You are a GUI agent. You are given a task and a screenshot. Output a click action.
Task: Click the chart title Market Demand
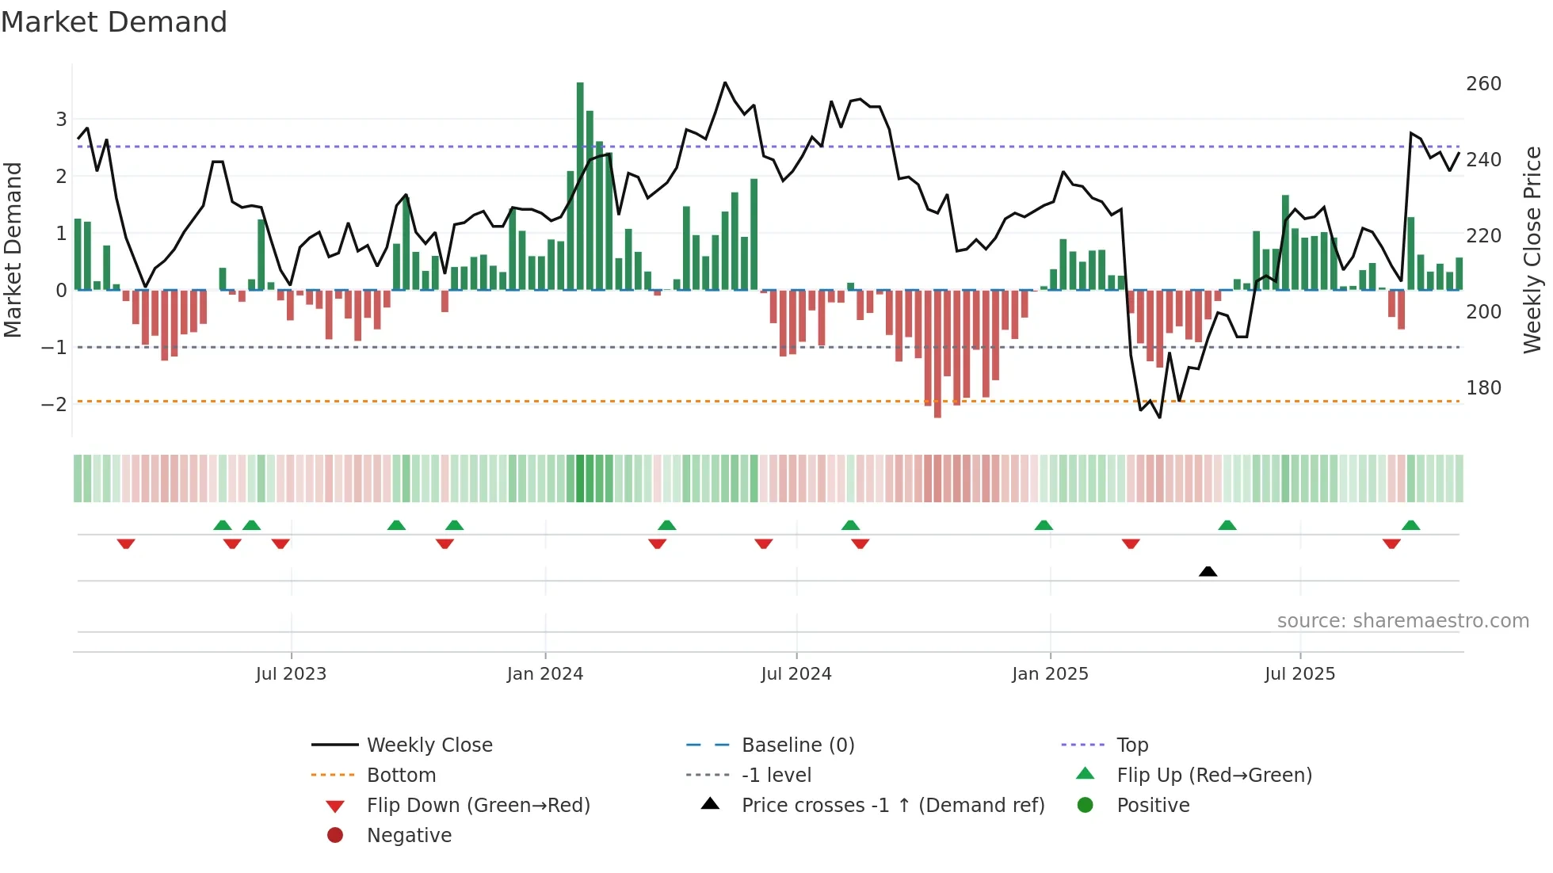pyautogui.click(x=114, y=21)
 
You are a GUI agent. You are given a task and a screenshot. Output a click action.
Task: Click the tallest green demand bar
pyautogui.click(x=580, y=186)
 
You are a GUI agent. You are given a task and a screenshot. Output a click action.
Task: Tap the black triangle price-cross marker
pyautogui.click(x=1208, y=571)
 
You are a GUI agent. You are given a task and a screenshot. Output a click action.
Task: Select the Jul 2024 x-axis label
pyautogui.click(x=796, y=674)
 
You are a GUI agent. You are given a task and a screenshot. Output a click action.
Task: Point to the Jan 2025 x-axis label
pyautogui.click(x=1050, y=674)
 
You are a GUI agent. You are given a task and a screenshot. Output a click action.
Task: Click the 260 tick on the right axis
pyautogui.click(x=1483, y=84)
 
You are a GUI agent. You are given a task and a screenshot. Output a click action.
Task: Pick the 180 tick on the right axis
pyautogui.click(x=1483, y=388)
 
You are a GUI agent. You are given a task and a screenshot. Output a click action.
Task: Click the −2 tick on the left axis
pyautogui.click(x=54, y=405)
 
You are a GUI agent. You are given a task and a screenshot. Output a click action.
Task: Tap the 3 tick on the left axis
pyautogui.click(x=61, y=120)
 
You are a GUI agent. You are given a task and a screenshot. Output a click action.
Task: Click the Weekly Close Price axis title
pyautogui.click(x=1532, y=250)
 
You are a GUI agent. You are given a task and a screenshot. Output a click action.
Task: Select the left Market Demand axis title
pyautogui.click(x=13, y=250)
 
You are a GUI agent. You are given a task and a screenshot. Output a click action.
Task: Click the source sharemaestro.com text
pyautogui.click(x=1402, y=621)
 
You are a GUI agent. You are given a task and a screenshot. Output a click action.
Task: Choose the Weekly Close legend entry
pyautogui.click(x=429, y=745)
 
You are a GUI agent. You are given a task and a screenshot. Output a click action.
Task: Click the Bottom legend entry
pyautogui.click(x=401, y=776)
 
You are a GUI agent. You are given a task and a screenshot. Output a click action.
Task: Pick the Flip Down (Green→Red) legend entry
pyautogui.click(x=478, y=806)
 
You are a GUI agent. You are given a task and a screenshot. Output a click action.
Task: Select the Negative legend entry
pyautogui.click(x=409, y=836)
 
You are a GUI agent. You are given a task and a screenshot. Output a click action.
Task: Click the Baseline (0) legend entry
pyautogui.click(x=798, y=745)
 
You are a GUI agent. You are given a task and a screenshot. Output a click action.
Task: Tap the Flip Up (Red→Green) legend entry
pyautogui.click(x=1214, y=776)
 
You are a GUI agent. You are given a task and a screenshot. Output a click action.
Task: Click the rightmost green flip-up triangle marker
pyautogui.click(x=1410, y=525)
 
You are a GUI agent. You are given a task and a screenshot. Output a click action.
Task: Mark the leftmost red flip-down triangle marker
pyautogui.click(x=126, y=543)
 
